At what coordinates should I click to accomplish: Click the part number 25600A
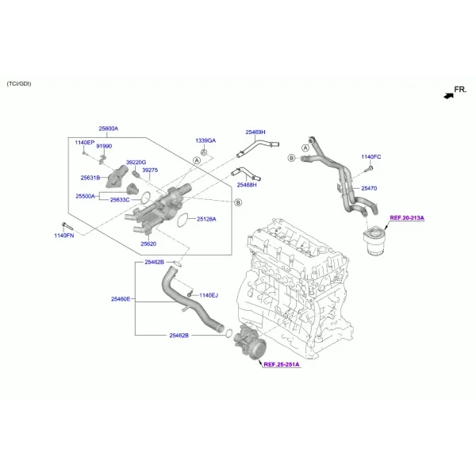click(x=109, y=129)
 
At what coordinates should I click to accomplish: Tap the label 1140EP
click(x=85, y=142)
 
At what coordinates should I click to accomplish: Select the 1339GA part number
click(x=205, y=140)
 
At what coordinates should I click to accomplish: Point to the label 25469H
click(x=255, y=132)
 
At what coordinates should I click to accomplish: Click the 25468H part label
click(x=247, y=185)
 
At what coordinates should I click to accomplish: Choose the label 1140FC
click(x=371, y=156)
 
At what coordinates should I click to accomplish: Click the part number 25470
click(x=369, y=188)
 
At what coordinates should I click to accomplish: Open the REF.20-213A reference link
click(x=407, y=217)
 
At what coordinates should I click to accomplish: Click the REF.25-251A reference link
click(x=282, y=364)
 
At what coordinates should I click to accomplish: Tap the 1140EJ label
click(x=209, y=295)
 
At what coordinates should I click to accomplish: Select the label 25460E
click(x=121, y=299)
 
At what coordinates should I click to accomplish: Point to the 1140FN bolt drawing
click(x=67, y=226)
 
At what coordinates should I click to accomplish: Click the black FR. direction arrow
click(x=449, y=96)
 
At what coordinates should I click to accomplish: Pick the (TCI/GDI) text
click(x=19, y=84)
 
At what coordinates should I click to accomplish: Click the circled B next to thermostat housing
click(x=238, y=202)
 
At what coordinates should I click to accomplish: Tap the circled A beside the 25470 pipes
click(x=305, y=148)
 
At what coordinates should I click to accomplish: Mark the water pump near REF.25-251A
click(x=250, y=341)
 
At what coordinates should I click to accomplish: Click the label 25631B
click(x=90, y=178)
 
